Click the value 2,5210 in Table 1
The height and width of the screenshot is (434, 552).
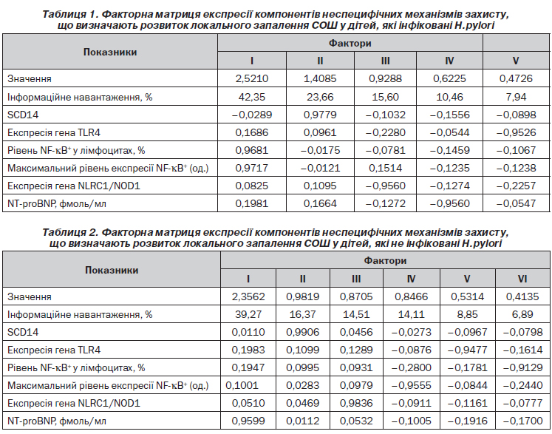coord(252,78)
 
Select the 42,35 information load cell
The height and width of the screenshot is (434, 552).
coord(252,97)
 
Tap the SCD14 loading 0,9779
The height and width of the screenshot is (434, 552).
coord(320,115)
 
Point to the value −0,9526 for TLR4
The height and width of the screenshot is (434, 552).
coord(516,132)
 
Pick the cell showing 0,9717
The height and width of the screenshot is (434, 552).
coord(252,168)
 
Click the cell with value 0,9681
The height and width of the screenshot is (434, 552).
coord(252,150)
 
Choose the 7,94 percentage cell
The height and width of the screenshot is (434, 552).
coord(516,97)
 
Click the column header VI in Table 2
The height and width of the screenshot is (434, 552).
coord(522,279)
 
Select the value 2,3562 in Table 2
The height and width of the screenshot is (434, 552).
coord(248,296)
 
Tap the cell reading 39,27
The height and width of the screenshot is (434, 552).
coord(248,314)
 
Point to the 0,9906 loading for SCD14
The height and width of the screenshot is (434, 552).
coord(303,332)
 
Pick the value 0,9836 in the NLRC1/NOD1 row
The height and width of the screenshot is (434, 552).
coord(356,403)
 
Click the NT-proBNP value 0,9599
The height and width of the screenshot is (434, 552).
coord(248,421)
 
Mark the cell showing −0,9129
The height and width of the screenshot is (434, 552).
coord(522,367)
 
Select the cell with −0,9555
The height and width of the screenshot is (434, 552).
coord(411,385)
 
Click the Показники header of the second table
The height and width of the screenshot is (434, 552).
coord(112,270)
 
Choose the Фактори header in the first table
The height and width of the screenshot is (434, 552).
coord(350,44)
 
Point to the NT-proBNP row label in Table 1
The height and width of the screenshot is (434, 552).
coord(57,203)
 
